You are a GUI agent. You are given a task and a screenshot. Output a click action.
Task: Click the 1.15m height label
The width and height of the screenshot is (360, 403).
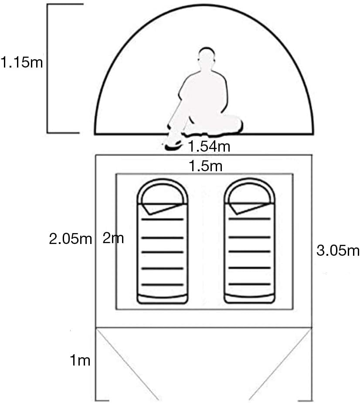22,62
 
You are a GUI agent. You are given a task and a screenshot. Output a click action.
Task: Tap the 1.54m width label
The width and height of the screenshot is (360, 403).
209,146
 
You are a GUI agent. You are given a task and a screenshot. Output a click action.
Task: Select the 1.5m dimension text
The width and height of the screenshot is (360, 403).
205,166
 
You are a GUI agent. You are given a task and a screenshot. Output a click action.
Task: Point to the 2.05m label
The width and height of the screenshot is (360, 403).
71,239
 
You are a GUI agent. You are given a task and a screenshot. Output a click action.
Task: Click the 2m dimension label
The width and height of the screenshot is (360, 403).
113,238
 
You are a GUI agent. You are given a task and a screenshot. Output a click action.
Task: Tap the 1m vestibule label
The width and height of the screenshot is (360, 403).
80,360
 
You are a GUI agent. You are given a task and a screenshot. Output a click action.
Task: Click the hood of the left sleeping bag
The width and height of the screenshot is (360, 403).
162,191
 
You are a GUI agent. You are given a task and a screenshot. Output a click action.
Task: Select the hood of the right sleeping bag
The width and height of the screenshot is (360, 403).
249,191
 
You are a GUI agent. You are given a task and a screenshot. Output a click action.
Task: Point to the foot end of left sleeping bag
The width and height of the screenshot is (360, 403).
163,298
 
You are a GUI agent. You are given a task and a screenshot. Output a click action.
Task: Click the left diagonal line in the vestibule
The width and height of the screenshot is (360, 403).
127,365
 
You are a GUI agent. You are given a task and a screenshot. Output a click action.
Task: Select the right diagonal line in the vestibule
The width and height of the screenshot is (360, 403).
280,365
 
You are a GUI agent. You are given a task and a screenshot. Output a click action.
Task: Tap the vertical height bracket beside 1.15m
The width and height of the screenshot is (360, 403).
48,68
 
